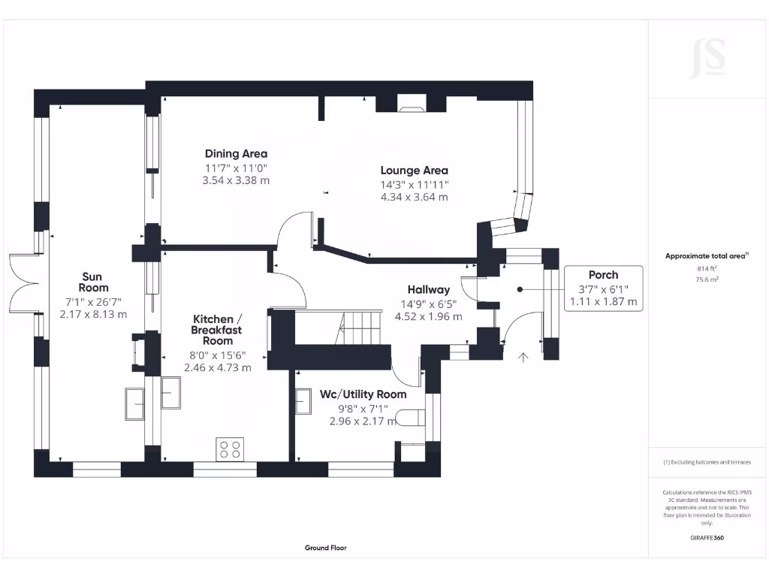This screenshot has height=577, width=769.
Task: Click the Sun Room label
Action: point(94,282)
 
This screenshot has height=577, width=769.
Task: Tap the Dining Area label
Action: point(236,154)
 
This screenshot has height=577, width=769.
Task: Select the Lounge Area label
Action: point(414,171)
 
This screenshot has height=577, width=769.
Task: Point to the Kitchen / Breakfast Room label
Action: point(217,330)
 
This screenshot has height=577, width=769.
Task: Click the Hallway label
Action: point(429,289)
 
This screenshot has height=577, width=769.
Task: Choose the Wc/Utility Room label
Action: point(363,394)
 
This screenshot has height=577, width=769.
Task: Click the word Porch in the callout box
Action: point(603,275)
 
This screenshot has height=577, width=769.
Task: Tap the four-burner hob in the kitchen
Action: point(231,449)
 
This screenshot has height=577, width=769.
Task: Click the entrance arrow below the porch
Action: point(523,358)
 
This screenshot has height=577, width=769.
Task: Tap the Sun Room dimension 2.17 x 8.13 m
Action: point(93,314)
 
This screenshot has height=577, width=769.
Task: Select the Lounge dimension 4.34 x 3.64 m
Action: point(414,197)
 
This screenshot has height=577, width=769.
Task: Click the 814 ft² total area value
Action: point(706,267)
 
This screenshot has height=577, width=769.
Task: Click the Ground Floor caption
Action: point(326,548)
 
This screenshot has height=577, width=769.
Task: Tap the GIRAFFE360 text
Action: point(707,538)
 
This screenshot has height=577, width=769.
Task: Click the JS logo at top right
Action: point(707,58)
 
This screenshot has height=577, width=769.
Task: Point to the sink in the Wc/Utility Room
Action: point(304,401)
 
